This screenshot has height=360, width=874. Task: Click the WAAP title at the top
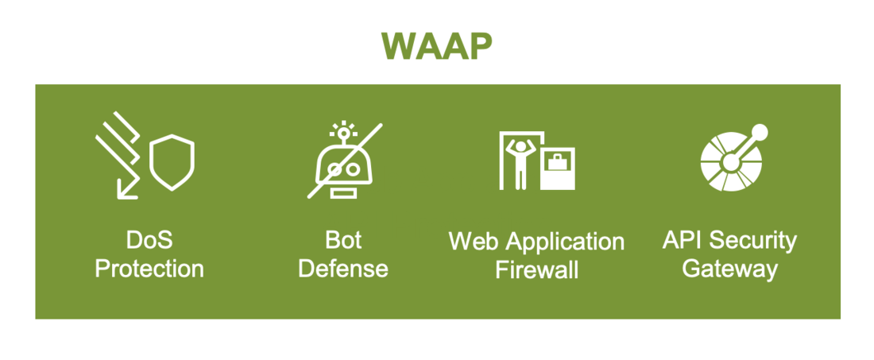point(436,46)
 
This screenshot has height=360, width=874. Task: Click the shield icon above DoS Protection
point(172,162)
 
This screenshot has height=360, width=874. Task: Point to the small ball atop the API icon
point(759,132)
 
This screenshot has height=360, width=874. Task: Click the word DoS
point(149,240)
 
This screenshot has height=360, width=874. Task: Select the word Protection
point(149,269)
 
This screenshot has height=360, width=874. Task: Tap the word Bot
point(343,240)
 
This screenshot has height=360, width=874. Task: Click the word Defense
point(343,269)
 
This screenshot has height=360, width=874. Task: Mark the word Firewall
point(536,270)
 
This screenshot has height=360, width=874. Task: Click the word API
point(683,240)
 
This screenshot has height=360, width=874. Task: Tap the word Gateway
point(729,269)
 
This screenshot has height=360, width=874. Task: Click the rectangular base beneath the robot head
point(344,193)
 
